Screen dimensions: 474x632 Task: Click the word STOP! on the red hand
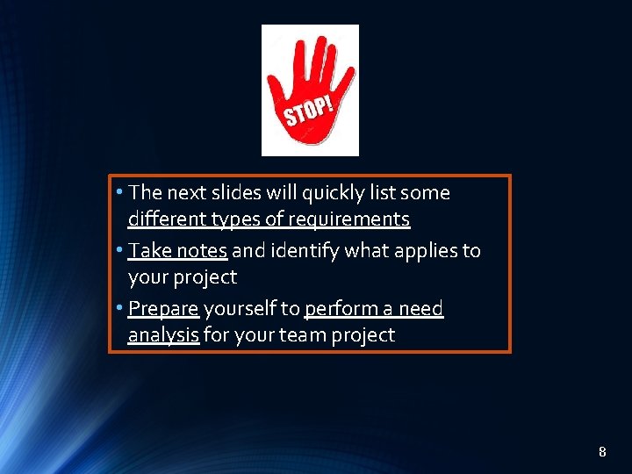pos(308,112)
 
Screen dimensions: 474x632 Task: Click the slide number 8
pos(602,452)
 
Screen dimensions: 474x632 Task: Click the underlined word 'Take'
pos(149,251)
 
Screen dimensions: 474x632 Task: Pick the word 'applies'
pos(418,251)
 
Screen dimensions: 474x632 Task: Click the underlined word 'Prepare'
pos(163,309)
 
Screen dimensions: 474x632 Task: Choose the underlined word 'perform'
pos(339,309)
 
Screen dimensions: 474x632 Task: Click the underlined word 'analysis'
pos(163,335)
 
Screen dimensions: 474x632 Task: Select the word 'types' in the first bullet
pos(231,219)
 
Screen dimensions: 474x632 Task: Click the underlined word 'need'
pos(422,309)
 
